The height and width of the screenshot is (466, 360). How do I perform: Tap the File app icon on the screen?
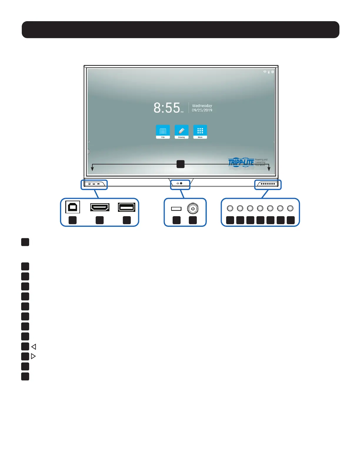point(163,131)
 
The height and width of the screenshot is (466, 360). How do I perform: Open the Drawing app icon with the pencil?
point(181,131)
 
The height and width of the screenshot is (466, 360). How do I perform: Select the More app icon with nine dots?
point(200,131)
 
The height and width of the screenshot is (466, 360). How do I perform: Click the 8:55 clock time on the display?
point(167,108)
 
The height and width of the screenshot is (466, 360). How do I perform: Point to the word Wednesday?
point(202,106)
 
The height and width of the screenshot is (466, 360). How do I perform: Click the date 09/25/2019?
point(202,110)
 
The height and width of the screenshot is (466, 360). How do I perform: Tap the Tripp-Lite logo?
point(241,162)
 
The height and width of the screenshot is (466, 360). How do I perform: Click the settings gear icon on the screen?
point(273,72)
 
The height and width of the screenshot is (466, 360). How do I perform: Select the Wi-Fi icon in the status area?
point(265,72)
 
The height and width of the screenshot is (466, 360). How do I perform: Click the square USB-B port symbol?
point(72,207)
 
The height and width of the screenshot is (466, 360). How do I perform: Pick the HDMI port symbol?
point(100,207)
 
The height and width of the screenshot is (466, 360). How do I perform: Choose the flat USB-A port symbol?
point(126,207)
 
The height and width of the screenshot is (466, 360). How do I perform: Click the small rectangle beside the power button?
point(176,209)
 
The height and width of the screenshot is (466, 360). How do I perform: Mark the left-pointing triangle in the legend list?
point(34,347)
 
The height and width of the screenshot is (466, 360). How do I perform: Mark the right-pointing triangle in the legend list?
point(33,356)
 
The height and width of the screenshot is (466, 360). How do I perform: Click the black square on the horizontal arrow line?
point(180,164)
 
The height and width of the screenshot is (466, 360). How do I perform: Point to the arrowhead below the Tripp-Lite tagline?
point(269,169)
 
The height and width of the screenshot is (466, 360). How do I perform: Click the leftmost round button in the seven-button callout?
point(230,208)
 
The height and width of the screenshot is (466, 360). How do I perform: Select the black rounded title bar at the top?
point(180,30)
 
